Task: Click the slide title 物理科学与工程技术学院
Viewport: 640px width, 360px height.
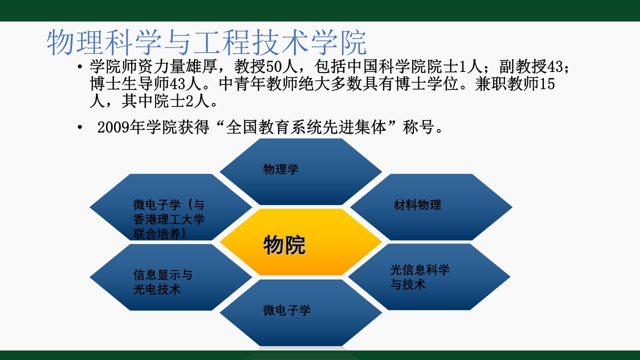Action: click(206, 43)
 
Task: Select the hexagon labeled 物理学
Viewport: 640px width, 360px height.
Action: click(300, 171)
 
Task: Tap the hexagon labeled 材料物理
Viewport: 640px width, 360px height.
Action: click(430, 206)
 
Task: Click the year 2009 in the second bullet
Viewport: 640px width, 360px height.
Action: click(112, 127)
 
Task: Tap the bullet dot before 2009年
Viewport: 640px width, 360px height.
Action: click(80, 128)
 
